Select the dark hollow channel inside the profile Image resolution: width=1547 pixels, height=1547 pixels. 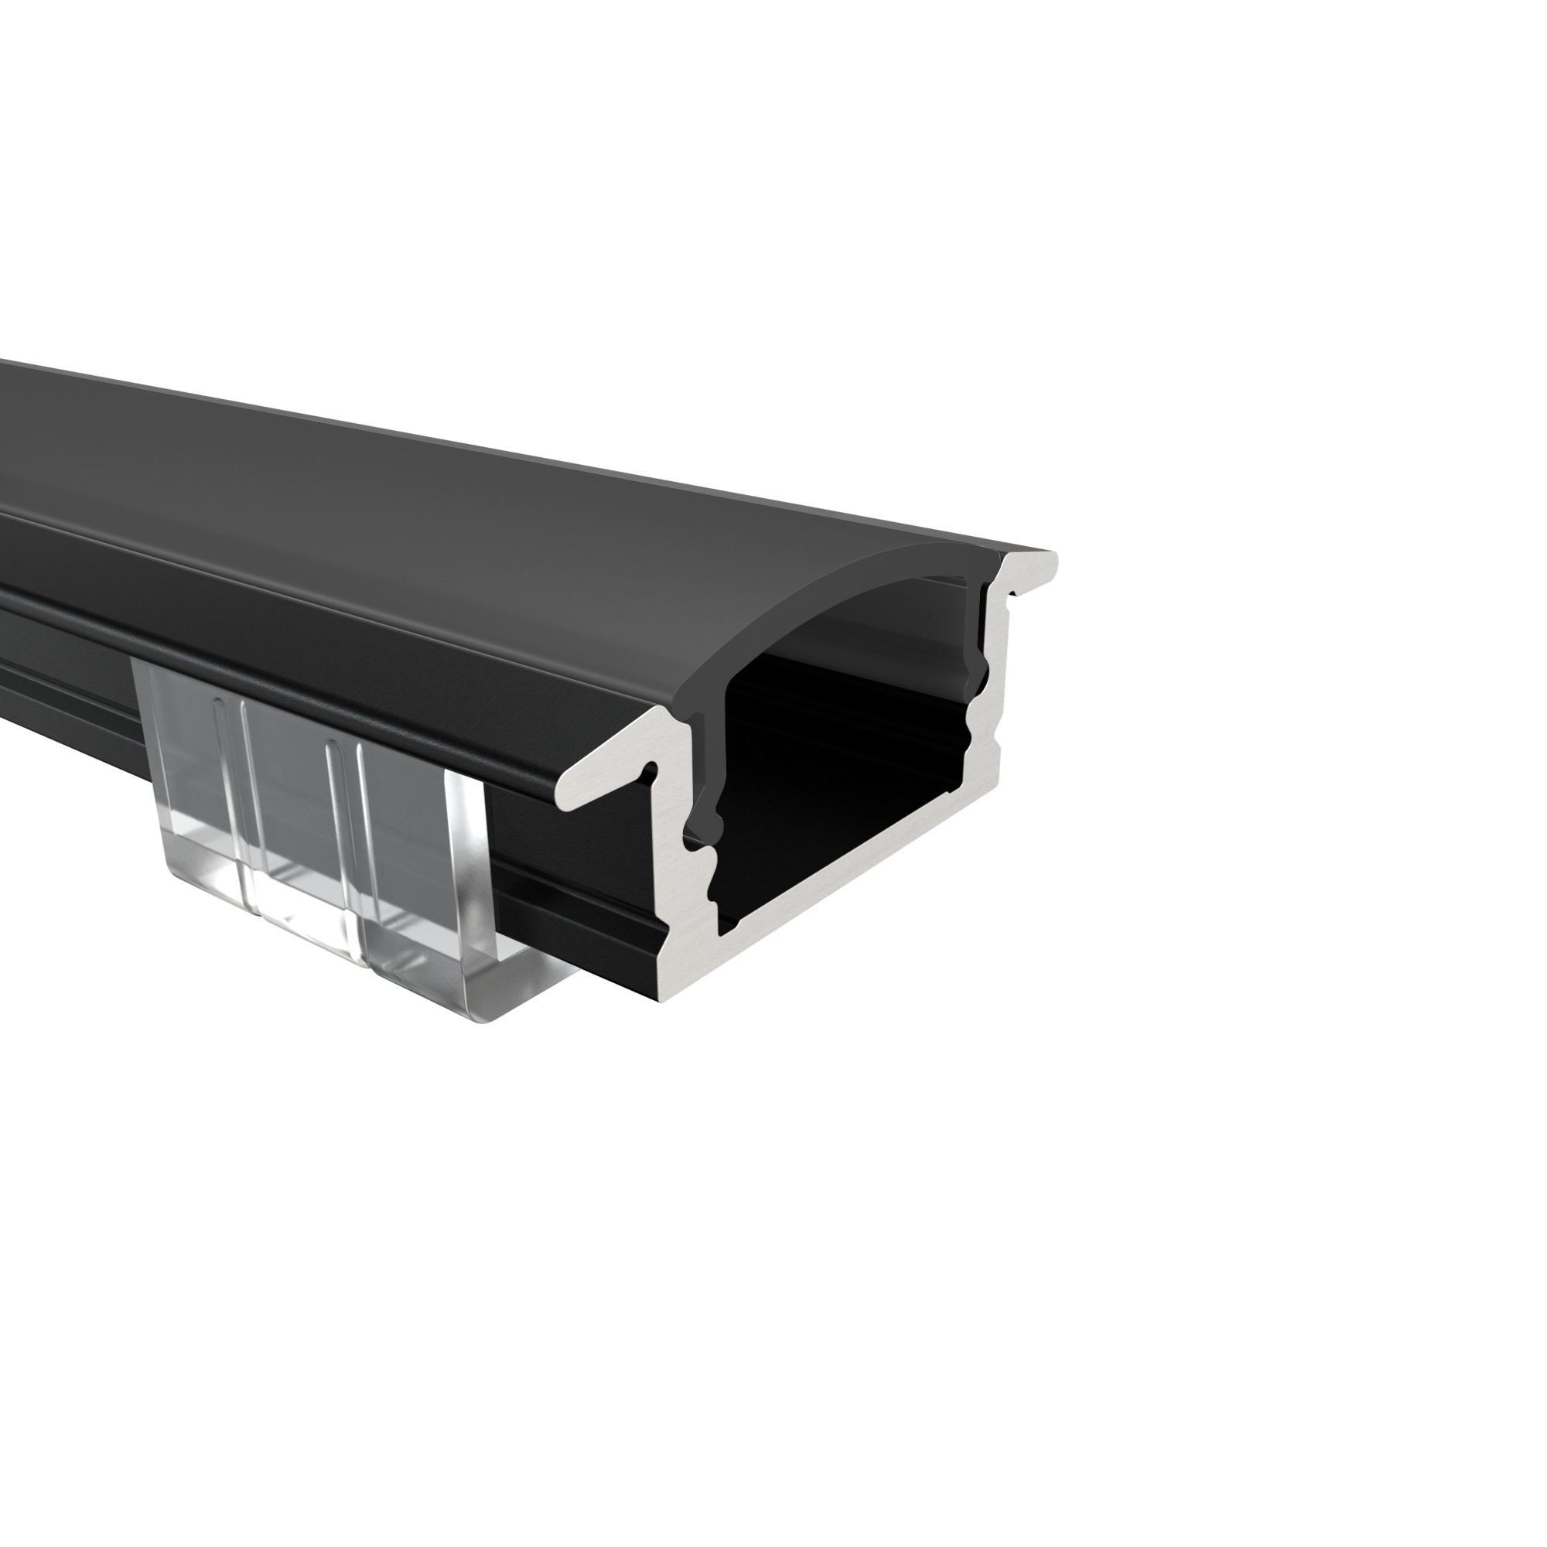coord(849,769)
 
